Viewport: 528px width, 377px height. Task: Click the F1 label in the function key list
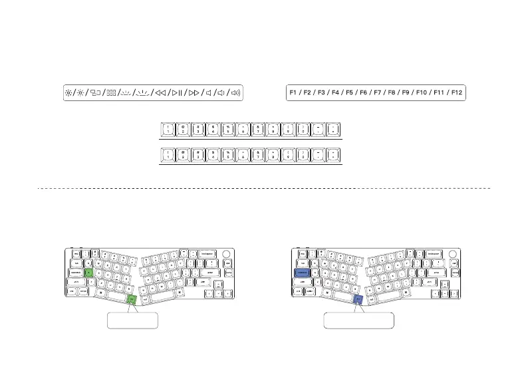294,93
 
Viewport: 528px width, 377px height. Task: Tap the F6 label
364,93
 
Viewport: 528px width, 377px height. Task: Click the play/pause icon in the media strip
176,93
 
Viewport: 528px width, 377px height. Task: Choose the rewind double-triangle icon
160,93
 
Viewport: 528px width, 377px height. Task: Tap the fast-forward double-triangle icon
192,93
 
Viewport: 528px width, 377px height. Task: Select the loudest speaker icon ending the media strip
235,93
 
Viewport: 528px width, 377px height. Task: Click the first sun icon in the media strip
68,93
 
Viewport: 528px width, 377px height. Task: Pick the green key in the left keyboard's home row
88,273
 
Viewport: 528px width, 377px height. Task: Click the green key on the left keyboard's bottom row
131,300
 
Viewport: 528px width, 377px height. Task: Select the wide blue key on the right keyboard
303,273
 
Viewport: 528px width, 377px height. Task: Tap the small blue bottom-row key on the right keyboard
358,300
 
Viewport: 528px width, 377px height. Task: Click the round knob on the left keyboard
227,253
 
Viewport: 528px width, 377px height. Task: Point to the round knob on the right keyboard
455,253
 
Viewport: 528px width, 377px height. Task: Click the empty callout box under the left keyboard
132,320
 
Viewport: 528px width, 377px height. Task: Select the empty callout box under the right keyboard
359,320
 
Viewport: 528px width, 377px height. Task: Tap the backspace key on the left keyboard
207,253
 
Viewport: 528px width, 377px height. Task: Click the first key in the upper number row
168,129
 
